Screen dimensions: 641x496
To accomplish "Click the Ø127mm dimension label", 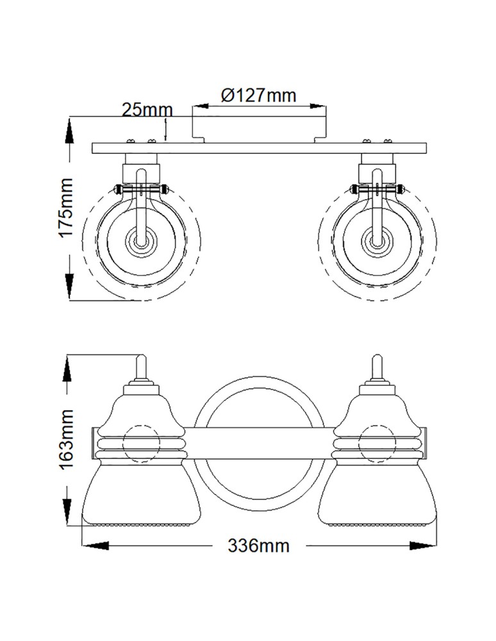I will [259, 96].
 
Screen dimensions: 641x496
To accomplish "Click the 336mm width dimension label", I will [258, 545].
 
